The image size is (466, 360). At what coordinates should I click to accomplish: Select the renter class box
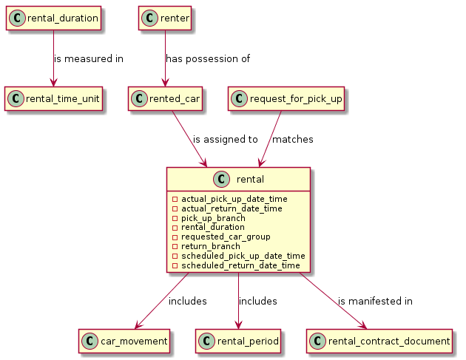(164, 18)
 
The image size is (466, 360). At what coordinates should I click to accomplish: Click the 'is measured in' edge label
(88, 58)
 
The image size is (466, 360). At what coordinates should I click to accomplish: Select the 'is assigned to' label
(225, 139)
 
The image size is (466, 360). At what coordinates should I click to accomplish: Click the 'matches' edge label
(292, 139)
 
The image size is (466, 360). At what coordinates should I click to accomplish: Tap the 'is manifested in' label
(375, 301)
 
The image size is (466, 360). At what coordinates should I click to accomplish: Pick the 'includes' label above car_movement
(187, 301)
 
